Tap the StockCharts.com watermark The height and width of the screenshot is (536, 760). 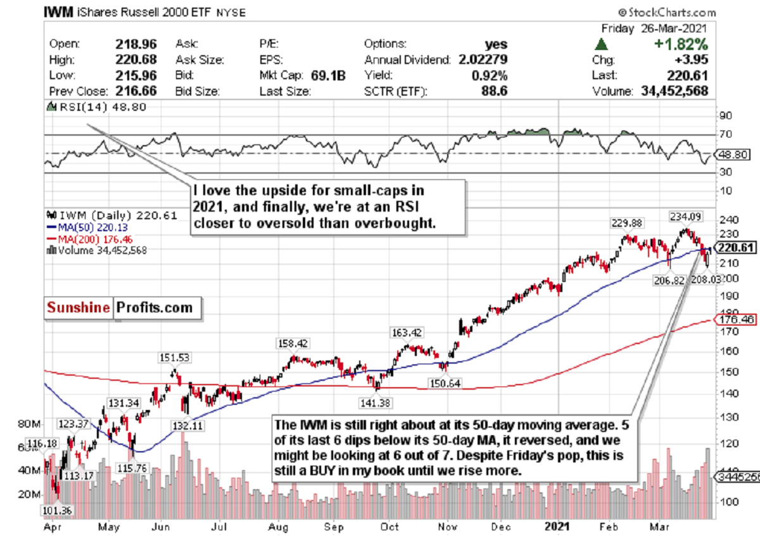(668, 12)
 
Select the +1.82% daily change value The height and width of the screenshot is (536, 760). (680, 45)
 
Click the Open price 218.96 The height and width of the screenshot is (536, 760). (135, 45)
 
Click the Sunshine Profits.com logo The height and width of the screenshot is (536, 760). (122, 309)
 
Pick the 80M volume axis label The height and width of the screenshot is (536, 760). (30, 423)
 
